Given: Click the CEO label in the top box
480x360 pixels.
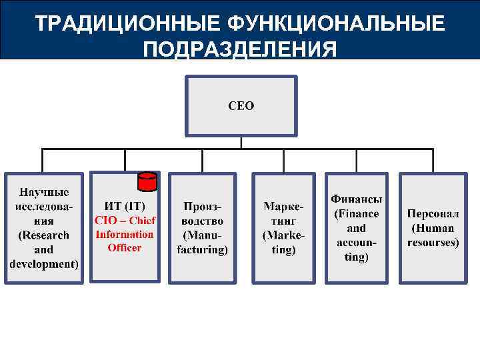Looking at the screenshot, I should (x=241, y=106).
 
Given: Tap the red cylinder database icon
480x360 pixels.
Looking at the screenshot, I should (x=147, y=181).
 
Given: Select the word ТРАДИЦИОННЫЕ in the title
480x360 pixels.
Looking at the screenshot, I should (x=127, y=24).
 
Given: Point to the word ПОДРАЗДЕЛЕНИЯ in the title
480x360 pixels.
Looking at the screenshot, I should (x=240, y=50).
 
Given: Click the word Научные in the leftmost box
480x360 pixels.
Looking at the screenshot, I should (x=44, y=192).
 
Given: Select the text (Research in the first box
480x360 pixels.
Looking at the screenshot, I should (x=44, y=235).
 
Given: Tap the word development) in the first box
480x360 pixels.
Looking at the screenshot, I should (x=44, y=264).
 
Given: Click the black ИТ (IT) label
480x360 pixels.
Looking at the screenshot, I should (x=124, y=206).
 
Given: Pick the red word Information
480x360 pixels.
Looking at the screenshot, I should (x=125, y=234).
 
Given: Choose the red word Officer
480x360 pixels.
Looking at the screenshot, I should (x=125, y=248).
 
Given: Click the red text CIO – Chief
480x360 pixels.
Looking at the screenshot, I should (x=125, y=221).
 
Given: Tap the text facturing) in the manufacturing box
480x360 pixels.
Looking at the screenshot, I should (x=203, y=250).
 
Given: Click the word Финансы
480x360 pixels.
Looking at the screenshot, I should (x=357, y=199).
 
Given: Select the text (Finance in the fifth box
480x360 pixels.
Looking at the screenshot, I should (x=357, y=214).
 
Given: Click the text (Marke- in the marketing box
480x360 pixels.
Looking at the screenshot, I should (x=284, y=235).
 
